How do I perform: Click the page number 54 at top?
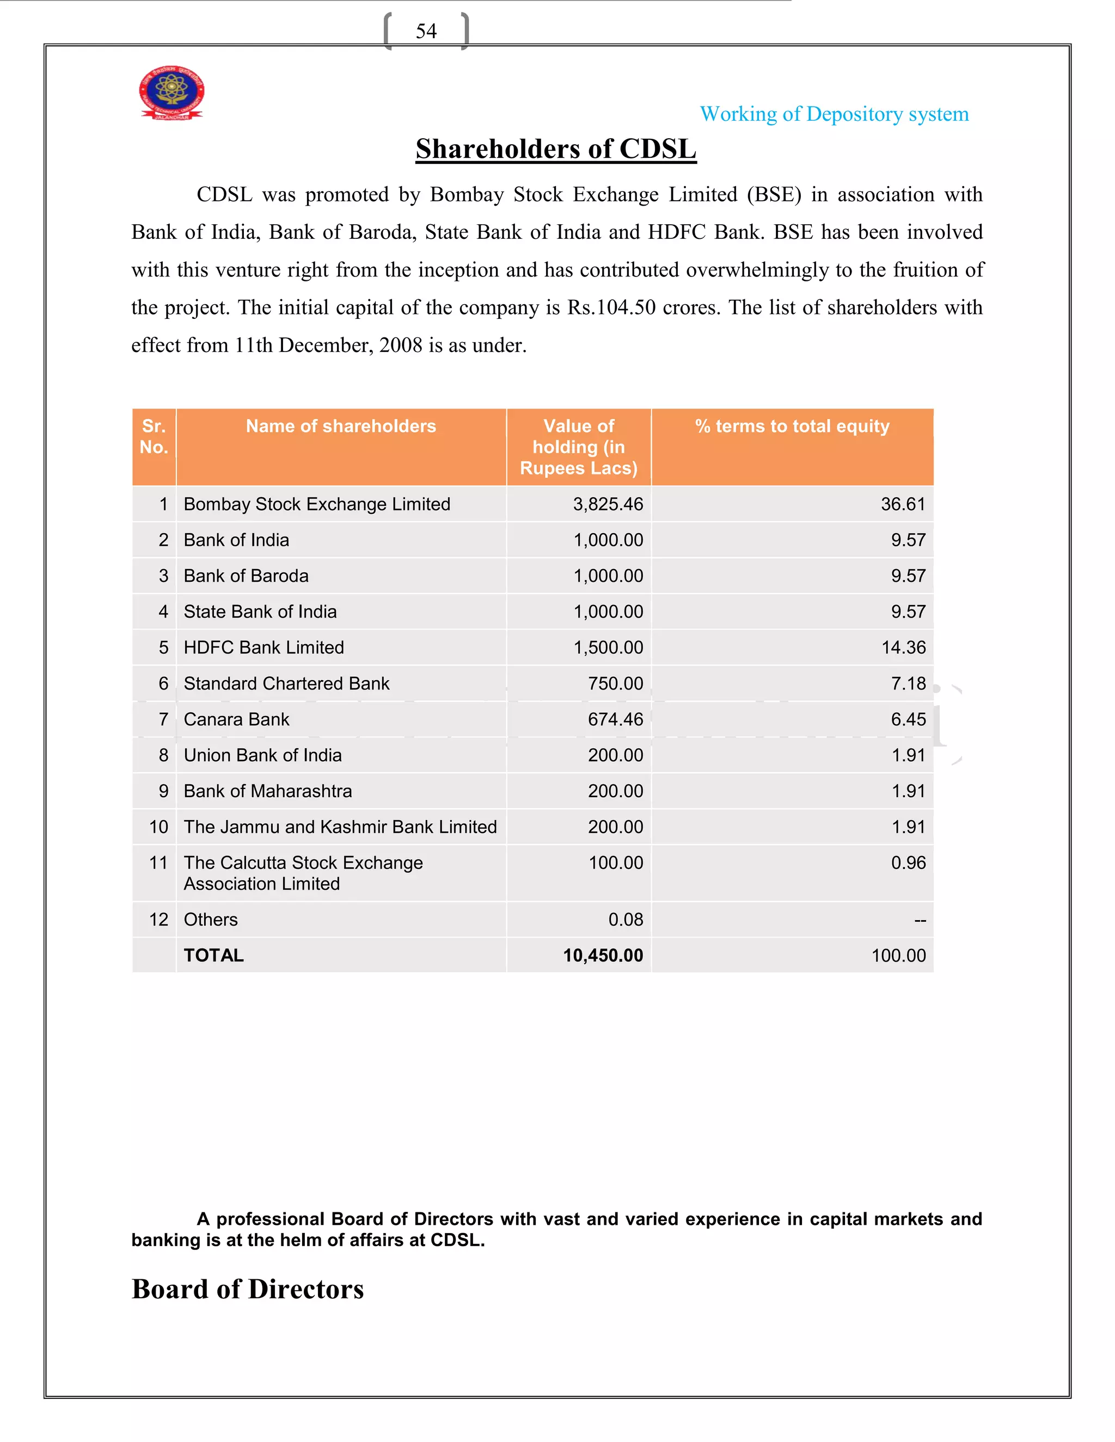pos(426,31)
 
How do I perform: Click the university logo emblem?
pos(171,93)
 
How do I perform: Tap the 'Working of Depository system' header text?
pos(834,114)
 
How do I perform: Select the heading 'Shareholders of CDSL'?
pos(555,149)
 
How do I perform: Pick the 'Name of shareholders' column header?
pos(341,427)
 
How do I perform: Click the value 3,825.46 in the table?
pos(608,504)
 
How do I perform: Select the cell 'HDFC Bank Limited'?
pos(264,648)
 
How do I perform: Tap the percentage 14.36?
pos(903,648)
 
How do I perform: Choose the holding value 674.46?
pos(615,720)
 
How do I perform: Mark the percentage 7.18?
pos(908,683)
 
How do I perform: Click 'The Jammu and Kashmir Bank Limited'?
pos(340,827)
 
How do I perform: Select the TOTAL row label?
pos(213,956)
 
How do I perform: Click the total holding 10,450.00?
pos(603,956)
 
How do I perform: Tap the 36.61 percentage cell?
pos(903,504)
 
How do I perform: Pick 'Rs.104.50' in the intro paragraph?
pos(611,307)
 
